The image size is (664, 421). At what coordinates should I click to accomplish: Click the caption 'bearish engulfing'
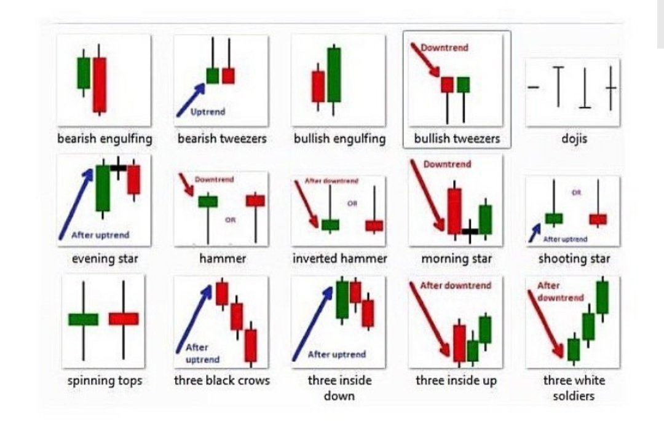pyautogui.click(x=105, y=138)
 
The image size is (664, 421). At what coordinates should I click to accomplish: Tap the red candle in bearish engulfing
pyautogui.click(x=100, y=84)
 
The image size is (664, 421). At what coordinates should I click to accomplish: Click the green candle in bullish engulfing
pyautogui.click(x=334, y=74)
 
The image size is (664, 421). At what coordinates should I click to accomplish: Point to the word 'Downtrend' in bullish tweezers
pyautogui.click(x=444, y=47)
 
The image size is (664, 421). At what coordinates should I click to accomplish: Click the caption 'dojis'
pyautogui.click(x=574, y=139)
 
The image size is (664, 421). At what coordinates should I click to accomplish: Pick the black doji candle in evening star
pyautogui.click(x=118, y=167)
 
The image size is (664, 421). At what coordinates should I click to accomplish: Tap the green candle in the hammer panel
pyautogui.click(x=208, y=201)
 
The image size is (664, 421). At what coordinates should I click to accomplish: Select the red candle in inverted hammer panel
pyautogui.click(x=374, y=226)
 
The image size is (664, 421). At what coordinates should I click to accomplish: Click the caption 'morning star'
pyautogui.click(x=456, y=259)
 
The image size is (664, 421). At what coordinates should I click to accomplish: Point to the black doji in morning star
pyautogui.click(x=470, y=232)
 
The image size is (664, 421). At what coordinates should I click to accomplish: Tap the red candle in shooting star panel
pyautogui.click(x=598, y=219)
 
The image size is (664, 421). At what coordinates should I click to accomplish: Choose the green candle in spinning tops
pyautogui.click(x=83, y=319)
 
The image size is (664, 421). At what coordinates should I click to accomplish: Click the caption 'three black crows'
pyautogui.click(x=222, y=380)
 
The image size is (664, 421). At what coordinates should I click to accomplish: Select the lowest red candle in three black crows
pyautogui.click(x=250, y=345)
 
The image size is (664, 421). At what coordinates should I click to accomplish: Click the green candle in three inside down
pyautogui.click(x=342, y=299)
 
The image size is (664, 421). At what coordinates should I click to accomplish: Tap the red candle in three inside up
pyautogui.click(x=459, y=343)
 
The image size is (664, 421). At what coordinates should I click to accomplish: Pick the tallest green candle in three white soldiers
pyautogui.click(x=602, y=297)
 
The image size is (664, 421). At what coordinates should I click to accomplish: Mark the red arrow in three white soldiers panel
pyautogui.click(x=545, y=323)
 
